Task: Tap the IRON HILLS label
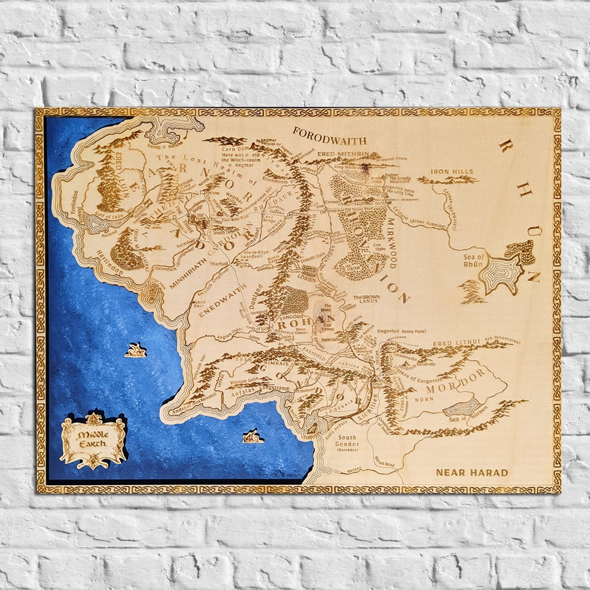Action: click(x=452, y=172)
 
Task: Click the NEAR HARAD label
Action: click(x=471, y=473)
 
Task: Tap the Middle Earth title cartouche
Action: click(x=93, y=440)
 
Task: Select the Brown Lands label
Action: click(x=366, y=299)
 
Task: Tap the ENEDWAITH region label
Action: click(x=217, y=301)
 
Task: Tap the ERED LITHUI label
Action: click(x=456, y=342)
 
